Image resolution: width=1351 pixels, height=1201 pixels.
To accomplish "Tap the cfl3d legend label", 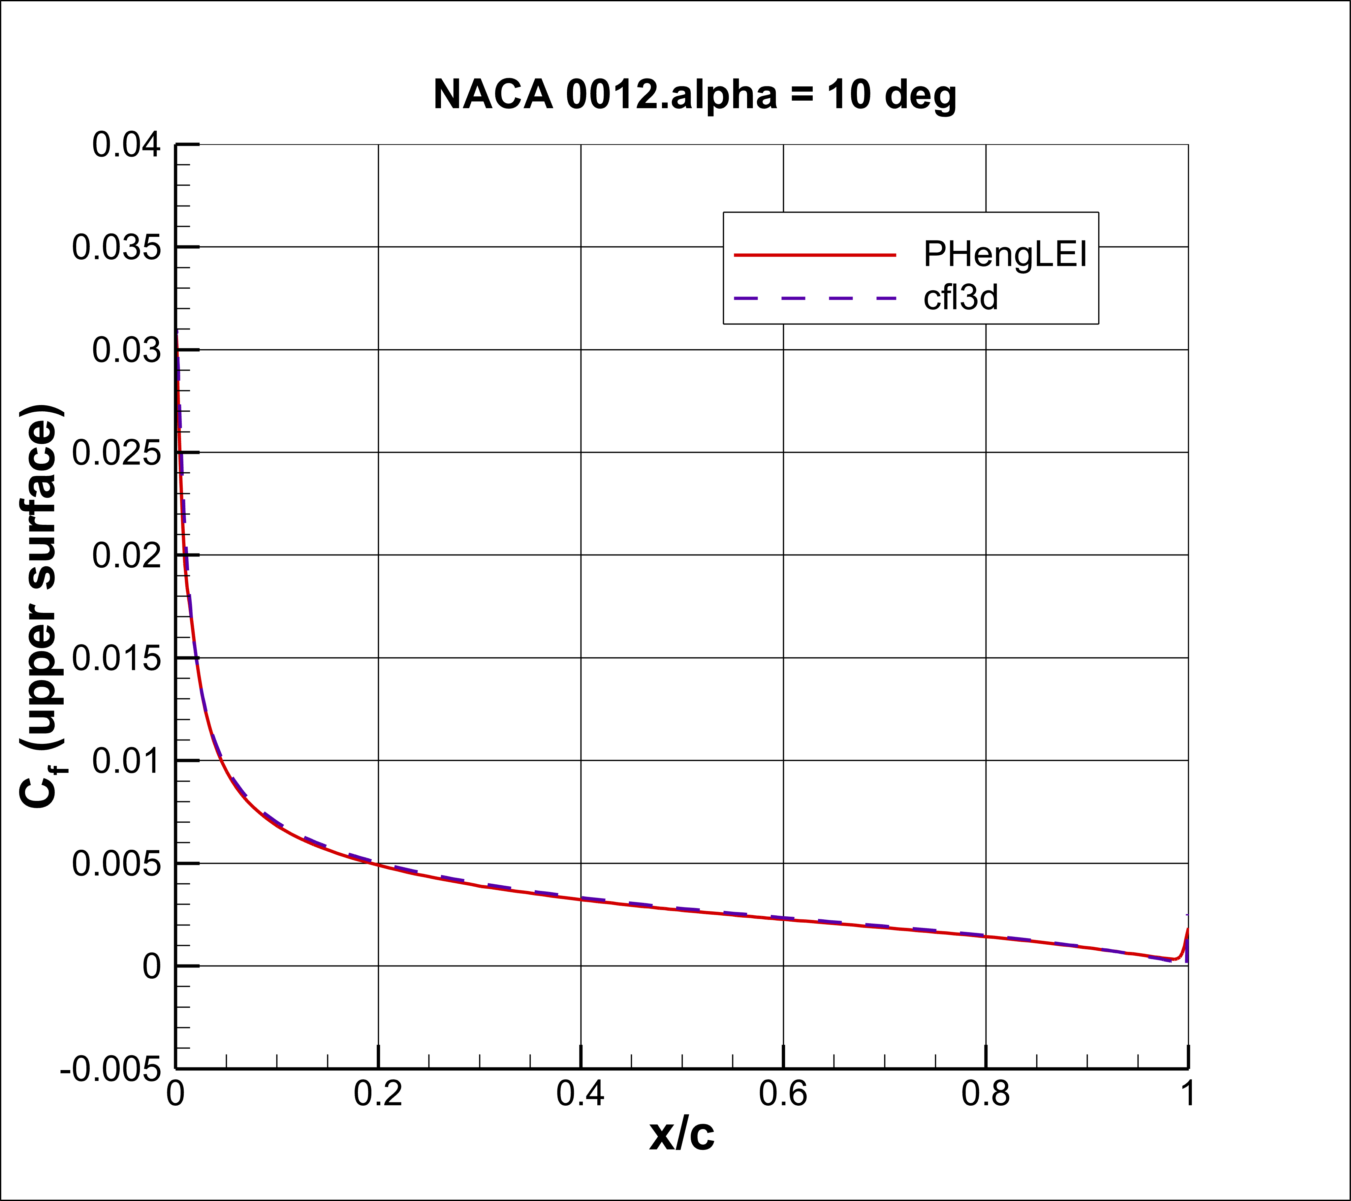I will tap(960, 298).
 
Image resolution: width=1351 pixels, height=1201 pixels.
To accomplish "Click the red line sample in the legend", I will tap(815, 254).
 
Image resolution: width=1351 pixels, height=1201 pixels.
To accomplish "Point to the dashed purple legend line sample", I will tap(815, 299).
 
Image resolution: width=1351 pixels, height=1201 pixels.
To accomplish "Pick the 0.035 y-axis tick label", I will tap(116, 248).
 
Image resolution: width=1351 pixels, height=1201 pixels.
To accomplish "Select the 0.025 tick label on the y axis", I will tap(116, 454).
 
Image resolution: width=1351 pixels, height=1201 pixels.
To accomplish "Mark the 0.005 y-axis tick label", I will tap(116, 864).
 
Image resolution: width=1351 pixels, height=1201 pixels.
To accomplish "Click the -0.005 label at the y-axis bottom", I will tap(110, 1069).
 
